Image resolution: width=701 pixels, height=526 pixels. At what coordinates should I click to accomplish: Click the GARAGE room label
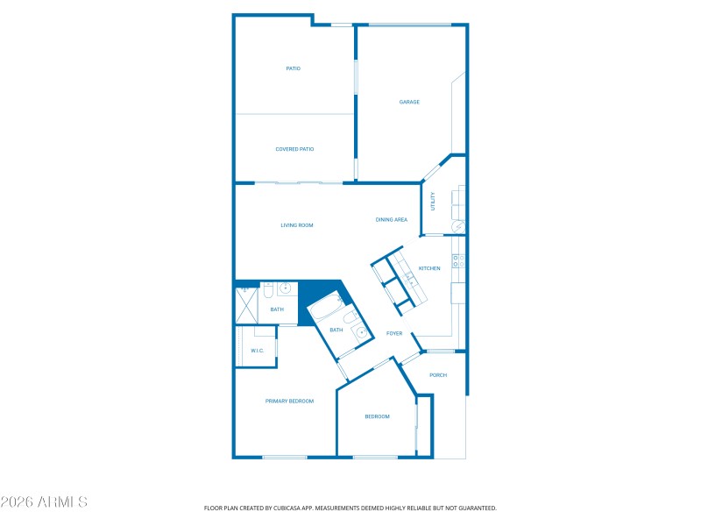409,103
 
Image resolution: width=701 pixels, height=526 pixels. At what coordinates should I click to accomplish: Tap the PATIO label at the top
294,68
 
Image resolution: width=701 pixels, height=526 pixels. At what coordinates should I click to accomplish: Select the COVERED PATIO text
294,149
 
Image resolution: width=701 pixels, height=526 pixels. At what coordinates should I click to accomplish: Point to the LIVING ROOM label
297,225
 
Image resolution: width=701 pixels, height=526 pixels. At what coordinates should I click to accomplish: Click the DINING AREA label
391,220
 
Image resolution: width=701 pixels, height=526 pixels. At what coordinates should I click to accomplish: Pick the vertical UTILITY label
432,201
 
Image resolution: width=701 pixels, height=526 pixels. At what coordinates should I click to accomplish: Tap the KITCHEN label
429,268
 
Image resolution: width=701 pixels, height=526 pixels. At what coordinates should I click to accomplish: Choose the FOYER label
394,333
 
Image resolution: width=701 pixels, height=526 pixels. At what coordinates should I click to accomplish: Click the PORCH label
438,375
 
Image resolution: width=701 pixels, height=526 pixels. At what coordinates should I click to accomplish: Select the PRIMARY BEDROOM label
289,401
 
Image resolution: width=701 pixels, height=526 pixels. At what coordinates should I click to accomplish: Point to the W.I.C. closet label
257,351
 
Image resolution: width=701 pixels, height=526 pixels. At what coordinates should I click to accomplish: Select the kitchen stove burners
457,260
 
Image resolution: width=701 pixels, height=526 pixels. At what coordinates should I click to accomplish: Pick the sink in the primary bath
285,288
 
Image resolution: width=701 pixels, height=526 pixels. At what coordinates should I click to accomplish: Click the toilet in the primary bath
268,288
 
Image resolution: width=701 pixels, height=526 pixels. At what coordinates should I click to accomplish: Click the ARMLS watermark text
44,502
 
